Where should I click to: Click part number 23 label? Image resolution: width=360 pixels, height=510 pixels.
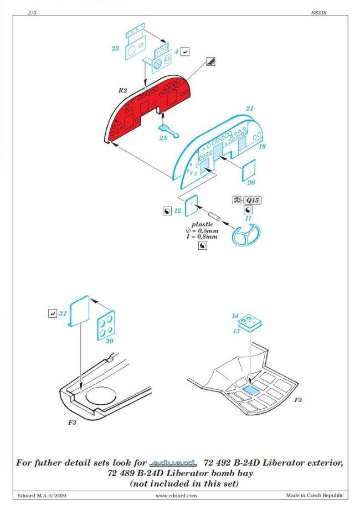click(x=115, y=49)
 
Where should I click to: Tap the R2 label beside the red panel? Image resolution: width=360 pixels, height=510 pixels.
click(x=122, y=90)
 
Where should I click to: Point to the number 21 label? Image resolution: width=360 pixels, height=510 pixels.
click(x=249, y=109)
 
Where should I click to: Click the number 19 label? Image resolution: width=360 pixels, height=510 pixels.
click(x=262, y=146)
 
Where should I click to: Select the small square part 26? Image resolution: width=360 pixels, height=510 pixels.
click(x=249, y=170)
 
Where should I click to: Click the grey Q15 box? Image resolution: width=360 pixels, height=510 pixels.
click(x=253, y=200)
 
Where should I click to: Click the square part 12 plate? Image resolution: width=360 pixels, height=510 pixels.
click(x=191, y=206)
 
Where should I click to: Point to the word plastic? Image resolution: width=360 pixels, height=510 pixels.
click(x=202, y=224)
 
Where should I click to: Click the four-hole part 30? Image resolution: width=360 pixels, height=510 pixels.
click(x=106, y=325)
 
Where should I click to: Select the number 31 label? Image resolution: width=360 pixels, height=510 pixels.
click(x=63, y=313)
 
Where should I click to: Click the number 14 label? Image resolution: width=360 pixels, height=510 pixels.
click(x=235, y=316)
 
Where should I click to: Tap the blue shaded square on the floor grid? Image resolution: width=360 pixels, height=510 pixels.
click(x=251, y=390)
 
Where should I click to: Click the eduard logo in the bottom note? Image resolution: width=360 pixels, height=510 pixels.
click(x=173, y=463)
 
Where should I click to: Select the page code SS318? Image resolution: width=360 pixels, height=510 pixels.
click(x=318, y=13)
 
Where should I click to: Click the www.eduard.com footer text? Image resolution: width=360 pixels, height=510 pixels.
click(x=176, y=496)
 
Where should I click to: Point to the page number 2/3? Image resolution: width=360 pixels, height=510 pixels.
click(x=32, y=13)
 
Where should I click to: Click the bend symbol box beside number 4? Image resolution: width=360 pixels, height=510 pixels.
click(x=185, y=51)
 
